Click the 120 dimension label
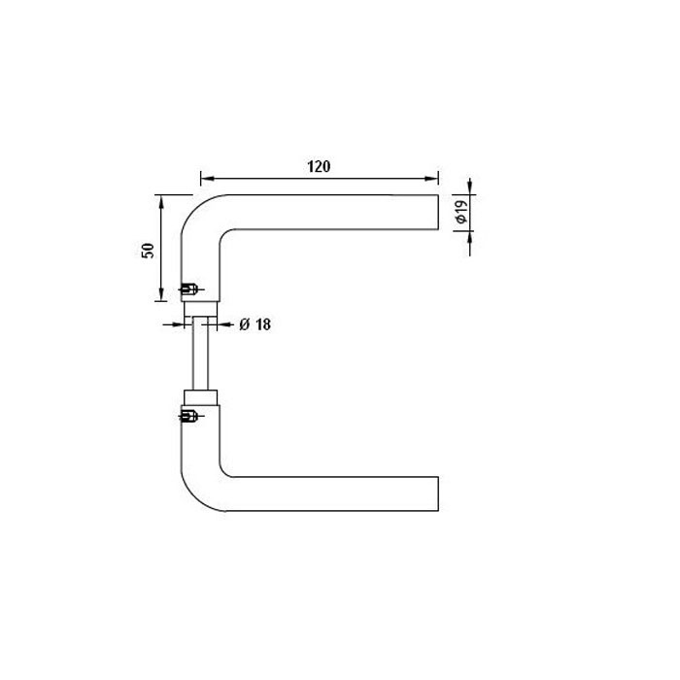coord(319,166)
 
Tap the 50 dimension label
coord(148,251)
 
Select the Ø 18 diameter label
coord(255,324)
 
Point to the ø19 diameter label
coord(462,211)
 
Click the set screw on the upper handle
coord(190,289)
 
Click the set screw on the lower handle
coord(189,417)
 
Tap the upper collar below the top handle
coord(201,309)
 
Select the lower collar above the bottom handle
coord(201,397)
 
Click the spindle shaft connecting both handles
coord(201,353)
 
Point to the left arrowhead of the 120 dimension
coord(207,178)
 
